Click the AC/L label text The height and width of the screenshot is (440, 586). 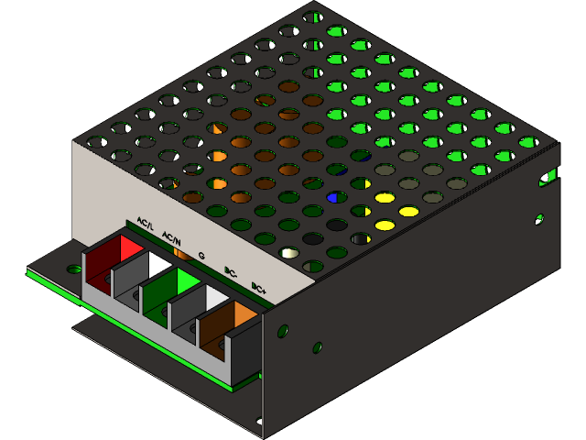coord(146,222)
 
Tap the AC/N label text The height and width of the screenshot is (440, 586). coord(171,239)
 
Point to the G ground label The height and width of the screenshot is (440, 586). coord(201,256)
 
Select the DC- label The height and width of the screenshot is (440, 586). coord(231,272)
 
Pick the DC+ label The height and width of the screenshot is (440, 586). coord(259,289)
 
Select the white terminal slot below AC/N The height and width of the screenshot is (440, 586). coord(158,266)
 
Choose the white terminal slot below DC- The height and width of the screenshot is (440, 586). coord(216,298)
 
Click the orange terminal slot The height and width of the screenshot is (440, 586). coord(243,314)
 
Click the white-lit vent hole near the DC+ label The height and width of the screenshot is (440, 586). coord(289,253)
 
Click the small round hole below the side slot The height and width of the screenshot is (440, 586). coord(538,218)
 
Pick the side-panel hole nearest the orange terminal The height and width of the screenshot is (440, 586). coord(283,331)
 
